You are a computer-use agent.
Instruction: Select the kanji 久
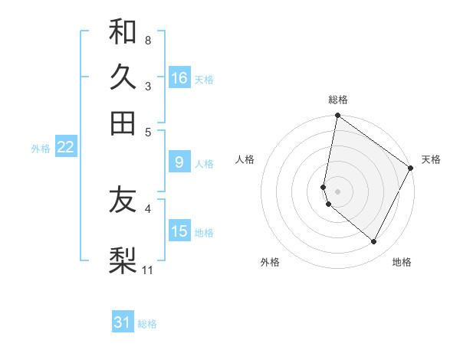point(123,77)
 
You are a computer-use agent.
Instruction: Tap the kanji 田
point(123,123)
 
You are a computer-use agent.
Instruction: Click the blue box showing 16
point(179,78)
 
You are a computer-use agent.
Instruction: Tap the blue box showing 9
point(179,162)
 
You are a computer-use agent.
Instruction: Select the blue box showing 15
point(179,231)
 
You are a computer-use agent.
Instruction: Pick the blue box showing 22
point(65,148)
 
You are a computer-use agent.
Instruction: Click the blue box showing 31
point(123,322)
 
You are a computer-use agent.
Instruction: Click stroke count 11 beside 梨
point(148,270)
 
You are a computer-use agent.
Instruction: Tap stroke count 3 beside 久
point(147,86)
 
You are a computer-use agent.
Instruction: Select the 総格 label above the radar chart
point(338,100)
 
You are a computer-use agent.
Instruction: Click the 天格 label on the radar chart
point(431,159)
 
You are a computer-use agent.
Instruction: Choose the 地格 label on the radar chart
point(402,263)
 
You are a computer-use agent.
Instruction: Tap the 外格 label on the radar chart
point(270,263)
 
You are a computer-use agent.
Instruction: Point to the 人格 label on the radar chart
point(245,159)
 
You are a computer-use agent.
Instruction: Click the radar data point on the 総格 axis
point(337,116)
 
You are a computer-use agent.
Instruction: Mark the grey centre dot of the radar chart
point(337,191)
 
